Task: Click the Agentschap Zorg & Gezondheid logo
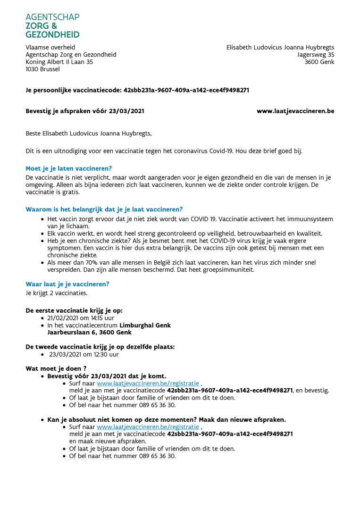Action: point(52,25)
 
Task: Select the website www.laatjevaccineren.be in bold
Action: point(295,111)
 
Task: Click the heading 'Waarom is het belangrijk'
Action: point(104,209)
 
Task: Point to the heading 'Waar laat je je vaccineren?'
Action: point(67,284)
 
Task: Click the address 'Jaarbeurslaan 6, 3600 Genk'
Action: point(89,332)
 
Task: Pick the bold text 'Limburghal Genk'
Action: point(145,325)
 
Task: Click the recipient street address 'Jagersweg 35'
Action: point(316,55)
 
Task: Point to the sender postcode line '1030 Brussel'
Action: point(42,69)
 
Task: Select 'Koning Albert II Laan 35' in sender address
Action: point(59,62)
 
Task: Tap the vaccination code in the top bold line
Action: point(186,90)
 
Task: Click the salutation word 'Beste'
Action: point(34,134)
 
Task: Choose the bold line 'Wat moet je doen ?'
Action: point(56,368)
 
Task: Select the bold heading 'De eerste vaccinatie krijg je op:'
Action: point(74,311)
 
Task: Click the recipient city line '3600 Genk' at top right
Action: point(319,62)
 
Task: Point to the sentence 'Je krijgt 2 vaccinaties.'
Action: point(56,293)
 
